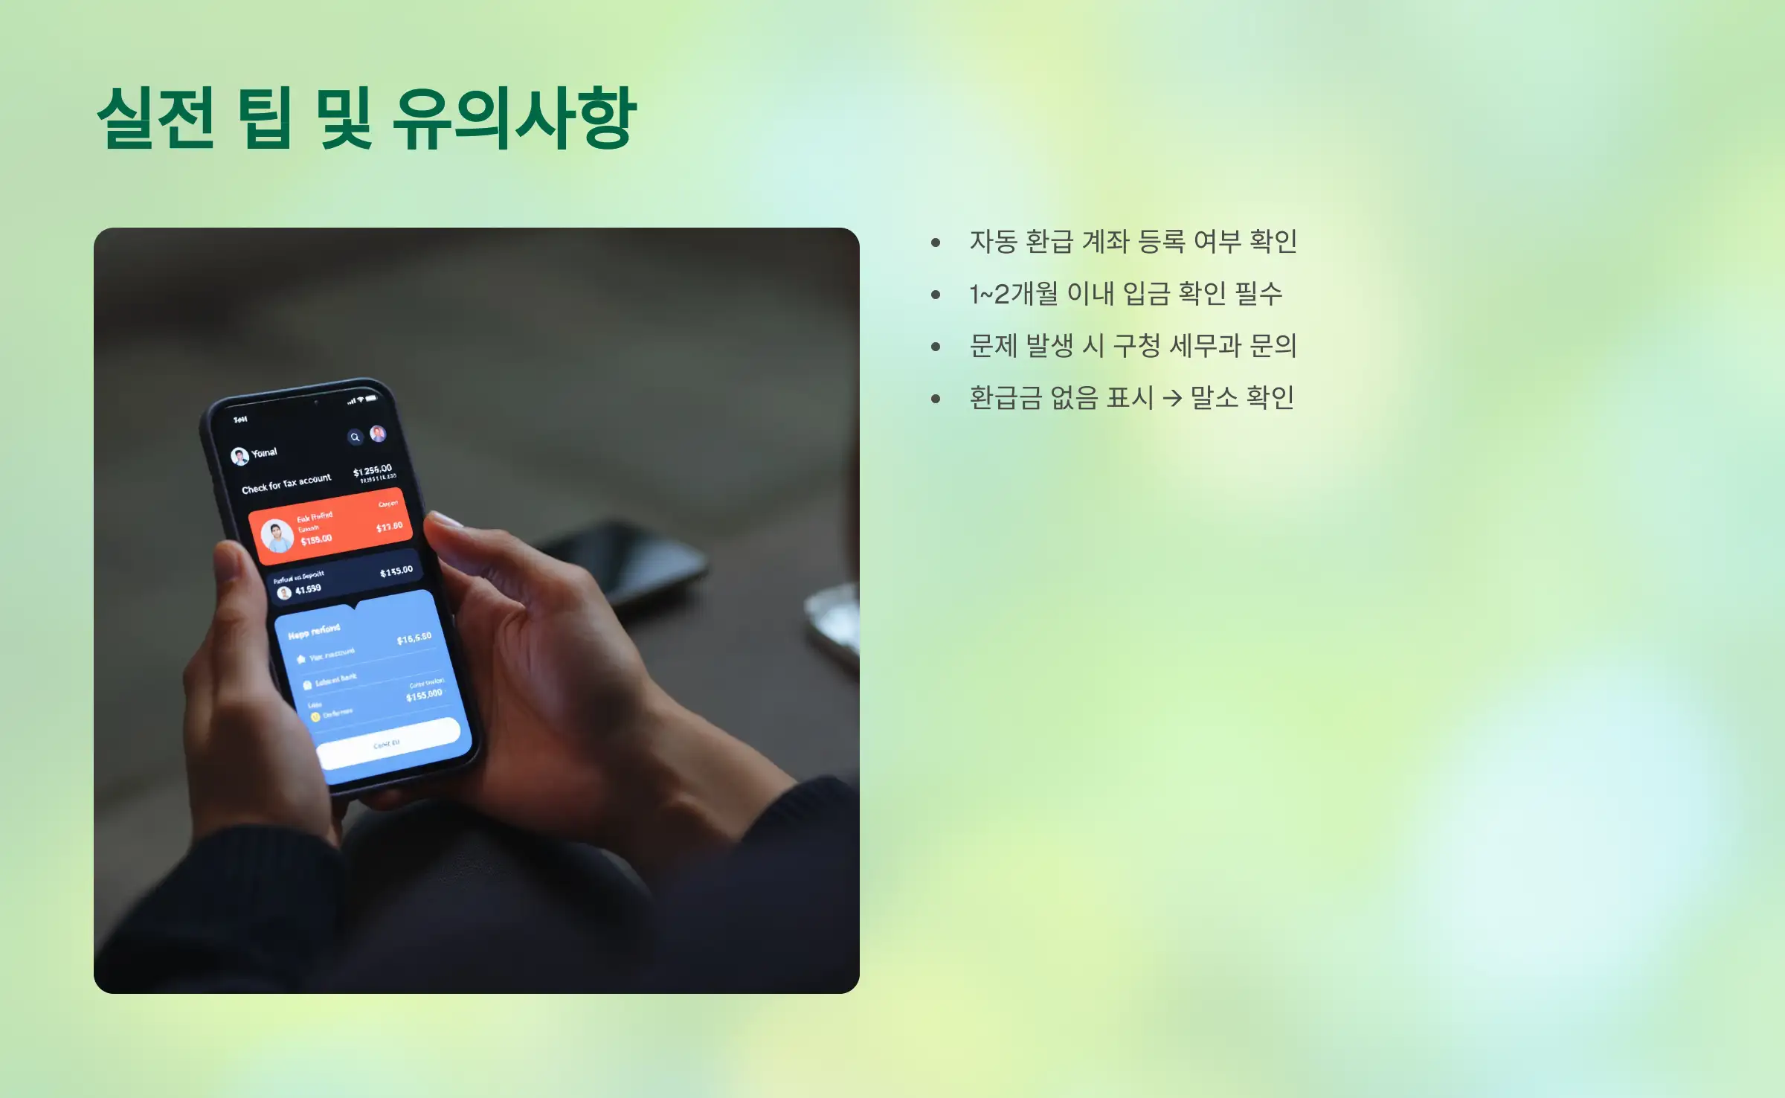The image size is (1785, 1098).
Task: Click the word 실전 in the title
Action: (156, 118)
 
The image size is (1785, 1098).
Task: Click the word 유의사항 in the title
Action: (514, 118)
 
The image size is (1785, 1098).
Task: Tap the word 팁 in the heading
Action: (265, 118)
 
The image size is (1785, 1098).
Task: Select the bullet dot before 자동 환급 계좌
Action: (936, 243)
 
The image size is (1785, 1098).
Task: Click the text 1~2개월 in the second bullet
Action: (1012, 294)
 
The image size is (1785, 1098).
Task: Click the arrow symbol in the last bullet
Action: (1172, 399)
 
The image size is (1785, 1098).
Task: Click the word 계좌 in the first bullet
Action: (1105, 242)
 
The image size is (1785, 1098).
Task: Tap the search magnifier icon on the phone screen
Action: (355, 437)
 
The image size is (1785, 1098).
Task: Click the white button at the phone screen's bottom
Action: (388, 742)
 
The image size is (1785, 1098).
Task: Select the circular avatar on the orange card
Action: (277, 536)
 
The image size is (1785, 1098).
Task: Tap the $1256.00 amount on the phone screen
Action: (372, 470)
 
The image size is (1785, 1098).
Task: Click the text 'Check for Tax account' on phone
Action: (286, 484)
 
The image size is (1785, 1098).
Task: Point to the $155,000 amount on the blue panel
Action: (424, 695)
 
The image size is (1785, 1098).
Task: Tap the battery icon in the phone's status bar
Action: (371, 398)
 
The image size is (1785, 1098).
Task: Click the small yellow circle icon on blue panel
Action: (315, 717)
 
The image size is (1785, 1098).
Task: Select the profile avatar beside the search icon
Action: (378, 433)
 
